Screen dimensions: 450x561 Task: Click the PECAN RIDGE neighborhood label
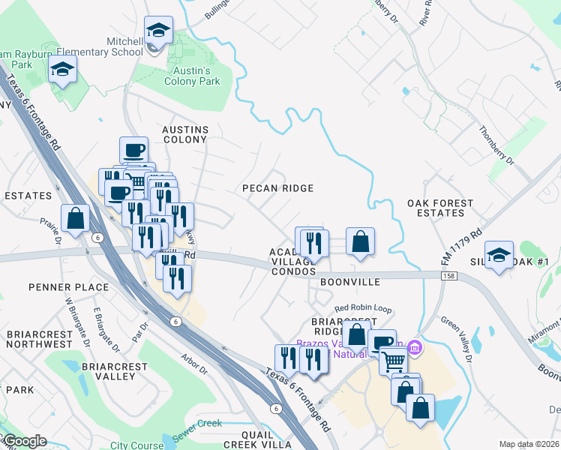pyautogui.click(x=277, y=188)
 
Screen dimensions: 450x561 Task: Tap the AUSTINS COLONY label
pyautogui.click(x=184, y=134)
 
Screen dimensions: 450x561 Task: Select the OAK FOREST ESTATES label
pyautogui.click(x=440, y=208)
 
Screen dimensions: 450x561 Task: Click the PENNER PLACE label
pyautogui.click(x=69, y=287)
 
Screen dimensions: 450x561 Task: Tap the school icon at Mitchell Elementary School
pyautogui.click(x=157, y=31)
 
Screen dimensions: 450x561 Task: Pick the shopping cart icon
pyautogui.click(x=392, y=361)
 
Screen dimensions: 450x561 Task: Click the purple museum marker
pyautogui.click(x=415, y=348)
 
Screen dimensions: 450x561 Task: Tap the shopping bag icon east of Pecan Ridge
pyautogui.click(x=360, y=241)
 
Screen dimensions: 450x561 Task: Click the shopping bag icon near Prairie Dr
pyautogui.click(x=76, y=218)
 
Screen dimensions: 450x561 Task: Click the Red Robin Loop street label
pyautogui.click(x=363, y=308)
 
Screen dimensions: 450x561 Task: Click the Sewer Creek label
pyautogui.click(x=197, y=424)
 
